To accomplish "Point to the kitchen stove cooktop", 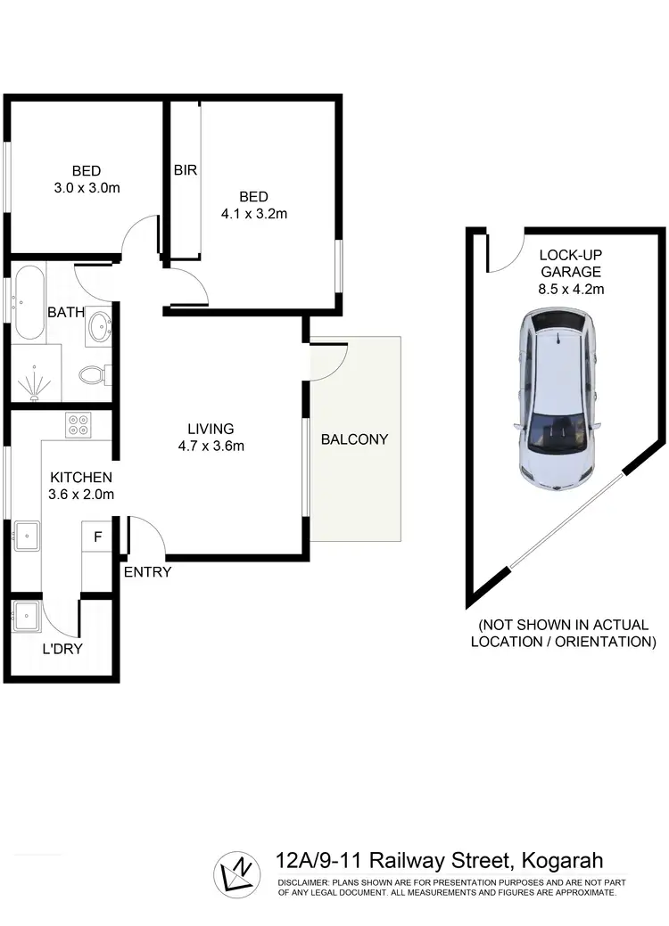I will click(x=78, y=425).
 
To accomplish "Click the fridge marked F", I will click(x=97, y=537).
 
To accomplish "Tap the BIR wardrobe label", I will click(x=186, y=169).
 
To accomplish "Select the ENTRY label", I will click(x=147, y=572).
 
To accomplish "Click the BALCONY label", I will click(x=355, y=438).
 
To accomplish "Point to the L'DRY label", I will click(x=62, y=649).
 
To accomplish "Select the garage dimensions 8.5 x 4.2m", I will click(x=570, y=289).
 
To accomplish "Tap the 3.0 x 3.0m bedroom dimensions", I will click(x=86, y=188).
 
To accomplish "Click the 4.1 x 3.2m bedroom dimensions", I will click(x=253, y=213).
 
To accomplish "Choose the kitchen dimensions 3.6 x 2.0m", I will click(x=80, y=494).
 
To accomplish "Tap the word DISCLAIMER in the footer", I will click(x=305, y=881).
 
